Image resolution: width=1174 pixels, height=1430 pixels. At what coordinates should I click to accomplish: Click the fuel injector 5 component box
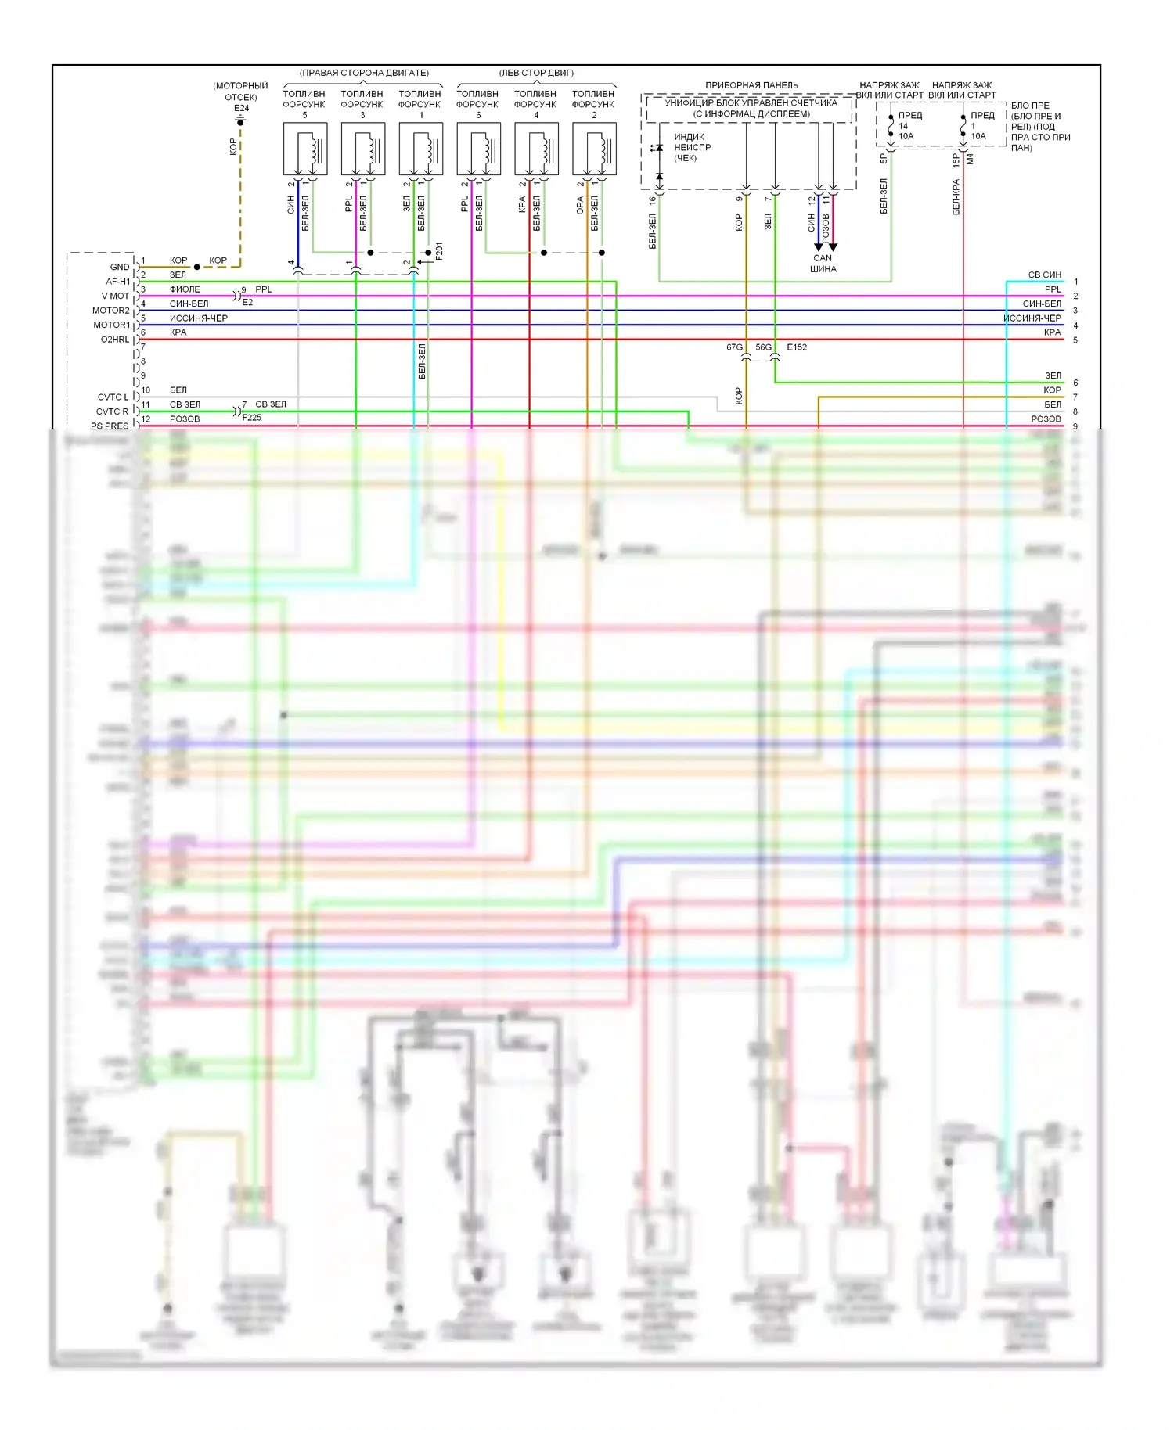coord(304,149)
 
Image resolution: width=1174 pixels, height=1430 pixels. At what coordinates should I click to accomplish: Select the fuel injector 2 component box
coord(594,149)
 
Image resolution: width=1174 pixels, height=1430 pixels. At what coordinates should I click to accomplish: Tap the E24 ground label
coord(241,108)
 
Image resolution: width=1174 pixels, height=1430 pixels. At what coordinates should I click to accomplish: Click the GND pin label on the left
coord(120,267)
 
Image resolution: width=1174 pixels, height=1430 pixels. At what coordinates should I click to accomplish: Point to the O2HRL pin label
coord(114,340)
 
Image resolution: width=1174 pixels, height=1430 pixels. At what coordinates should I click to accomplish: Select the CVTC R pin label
coord(112,411)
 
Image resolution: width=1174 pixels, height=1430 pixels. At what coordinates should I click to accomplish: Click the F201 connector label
coord(439,250)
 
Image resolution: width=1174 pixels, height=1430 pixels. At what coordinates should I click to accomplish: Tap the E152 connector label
coord(797,347)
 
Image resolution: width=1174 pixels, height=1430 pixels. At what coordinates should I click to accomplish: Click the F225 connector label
coord(252,418)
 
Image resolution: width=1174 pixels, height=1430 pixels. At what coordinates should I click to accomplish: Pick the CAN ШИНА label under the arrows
coord(823,264)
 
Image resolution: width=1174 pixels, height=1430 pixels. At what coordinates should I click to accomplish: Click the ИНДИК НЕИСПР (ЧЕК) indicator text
coord(692,147)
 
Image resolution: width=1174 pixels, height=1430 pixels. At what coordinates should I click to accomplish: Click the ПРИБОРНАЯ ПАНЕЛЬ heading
coord(751,85)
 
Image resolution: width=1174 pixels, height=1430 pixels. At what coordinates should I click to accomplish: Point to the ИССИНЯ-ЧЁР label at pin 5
coord(199,318)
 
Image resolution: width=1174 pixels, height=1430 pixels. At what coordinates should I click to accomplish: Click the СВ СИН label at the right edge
coord(1044,275)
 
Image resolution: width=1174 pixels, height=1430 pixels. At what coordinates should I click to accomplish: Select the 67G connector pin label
coord(733,347)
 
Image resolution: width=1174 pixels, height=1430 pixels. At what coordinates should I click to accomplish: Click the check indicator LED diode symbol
coord(659,148)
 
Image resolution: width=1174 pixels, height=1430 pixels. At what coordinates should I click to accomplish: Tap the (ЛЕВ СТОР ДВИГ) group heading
coord(536,73)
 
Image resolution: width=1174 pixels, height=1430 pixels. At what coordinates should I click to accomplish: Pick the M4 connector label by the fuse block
coord(970,159)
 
